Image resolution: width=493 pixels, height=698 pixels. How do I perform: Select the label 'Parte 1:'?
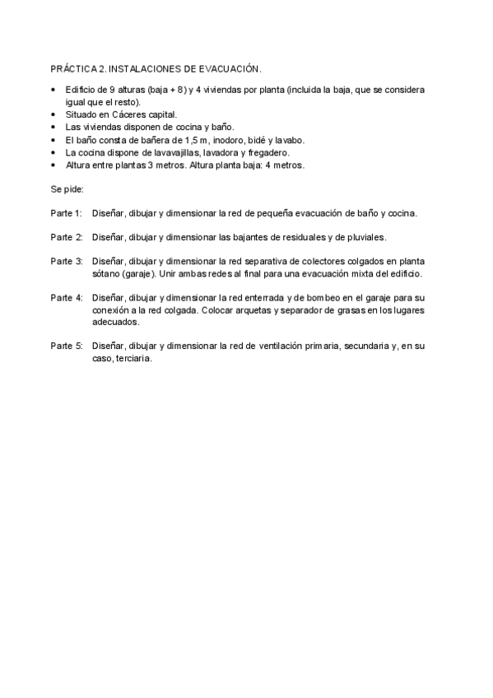(66, 213)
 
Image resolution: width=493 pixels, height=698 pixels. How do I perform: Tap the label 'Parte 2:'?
(66, 237)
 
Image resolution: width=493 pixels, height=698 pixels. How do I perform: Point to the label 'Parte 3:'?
(66, 261)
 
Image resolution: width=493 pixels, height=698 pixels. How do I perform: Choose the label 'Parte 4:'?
(66, 297)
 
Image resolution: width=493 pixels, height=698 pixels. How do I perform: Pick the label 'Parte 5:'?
(66, 346)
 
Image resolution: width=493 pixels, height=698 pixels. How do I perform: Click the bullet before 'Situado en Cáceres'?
(53, 114)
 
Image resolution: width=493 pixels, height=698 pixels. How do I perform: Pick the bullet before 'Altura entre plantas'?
(53, 165)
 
